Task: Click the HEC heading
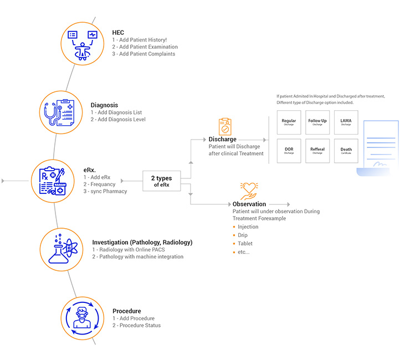click(x=118, y=33)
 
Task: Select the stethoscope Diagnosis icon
click(x=61, y=111)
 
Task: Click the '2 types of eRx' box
click(x=162, y=181)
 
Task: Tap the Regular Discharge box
click(x=289, y=122)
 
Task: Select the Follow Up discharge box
click(x=317, y=122)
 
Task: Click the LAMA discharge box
click(x=346, y=122)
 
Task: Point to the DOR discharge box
click(x=289, y=151)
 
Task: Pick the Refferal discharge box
click(x=317, y=151)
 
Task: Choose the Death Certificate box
click(x=346, y=151)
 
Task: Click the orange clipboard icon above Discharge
click(x=224, y=126)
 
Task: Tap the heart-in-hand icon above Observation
click(x=249, y=191)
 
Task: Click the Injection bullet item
click(x=248, y=227)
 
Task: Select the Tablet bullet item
click(x=245, y=244)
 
